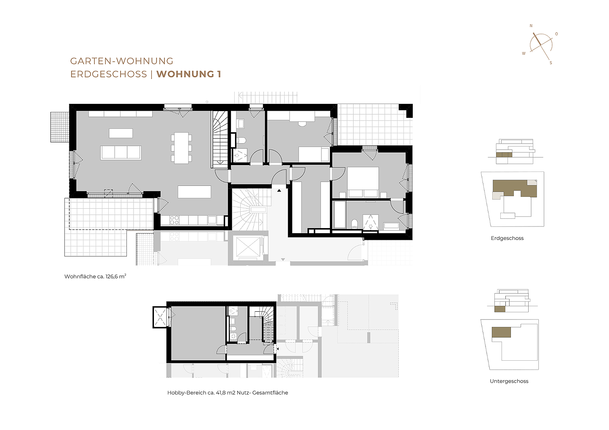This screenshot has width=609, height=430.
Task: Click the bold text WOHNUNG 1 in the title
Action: (189, 74)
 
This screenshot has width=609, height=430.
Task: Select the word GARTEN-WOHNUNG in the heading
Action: (122, 61)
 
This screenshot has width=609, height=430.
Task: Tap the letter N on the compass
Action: (532, 26)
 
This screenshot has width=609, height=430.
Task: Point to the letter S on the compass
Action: (551, 63)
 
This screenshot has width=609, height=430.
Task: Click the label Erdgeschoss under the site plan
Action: (507, 238)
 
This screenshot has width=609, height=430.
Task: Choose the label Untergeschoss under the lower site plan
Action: (509, 381)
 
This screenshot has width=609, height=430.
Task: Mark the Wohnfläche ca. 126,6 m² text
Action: (95, 277)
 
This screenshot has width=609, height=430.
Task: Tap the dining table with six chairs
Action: (181, 148)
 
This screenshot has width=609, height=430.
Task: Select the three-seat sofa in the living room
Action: (121, 153)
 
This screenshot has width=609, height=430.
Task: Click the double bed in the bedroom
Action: (363, 182)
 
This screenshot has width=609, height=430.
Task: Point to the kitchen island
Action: (194, 192)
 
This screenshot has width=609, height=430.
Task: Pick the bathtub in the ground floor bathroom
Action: (339, 215)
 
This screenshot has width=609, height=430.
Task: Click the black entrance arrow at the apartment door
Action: (279, 191)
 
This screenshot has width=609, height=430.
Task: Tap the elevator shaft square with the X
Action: (248, 247)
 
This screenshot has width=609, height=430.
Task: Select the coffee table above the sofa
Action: (121, 133)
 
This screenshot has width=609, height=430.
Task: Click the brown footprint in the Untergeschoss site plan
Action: (501, 332)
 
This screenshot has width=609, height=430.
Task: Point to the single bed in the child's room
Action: (313, 154)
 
